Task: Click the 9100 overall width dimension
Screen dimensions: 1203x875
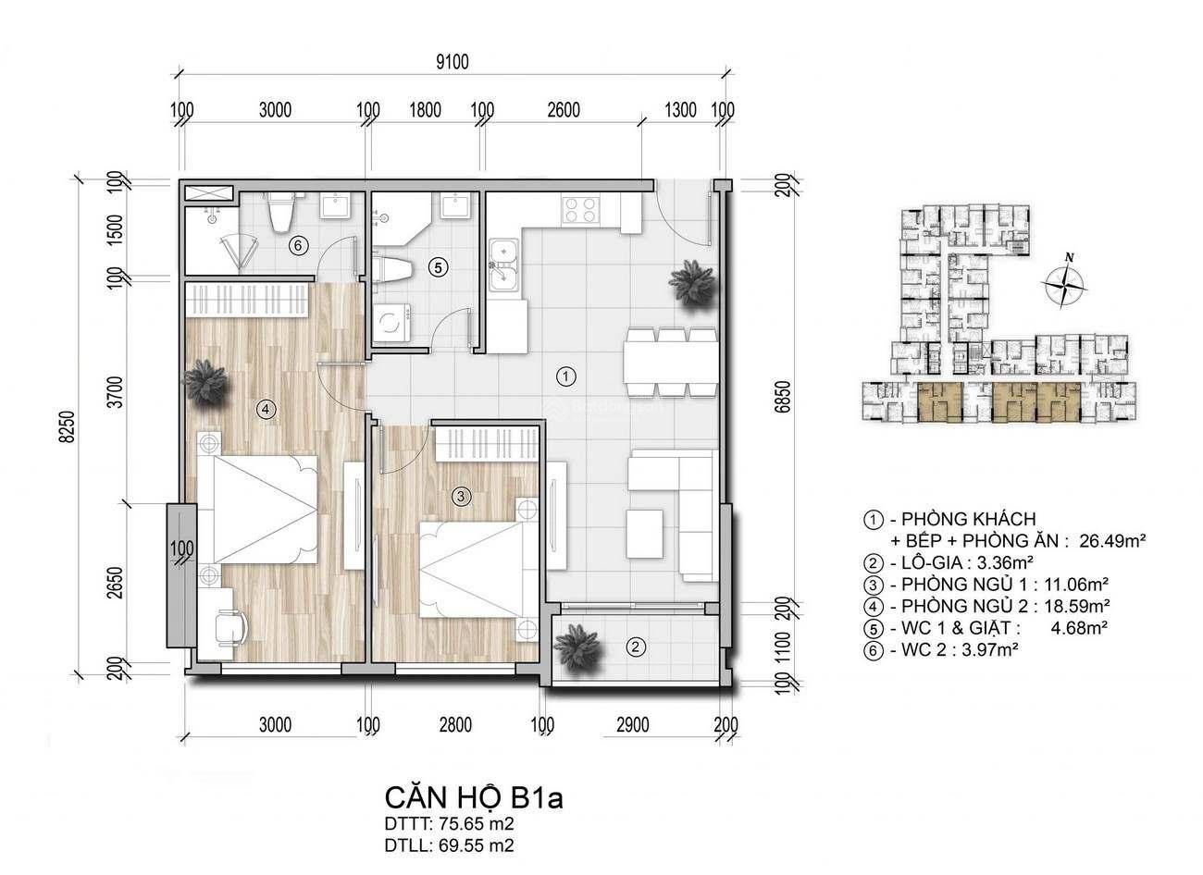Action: (x=453, y=62)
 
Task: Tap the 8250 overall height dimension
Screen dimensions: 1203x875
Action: (x=68, y=427)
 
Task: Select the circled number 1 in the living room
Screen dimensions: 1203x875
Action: (x=566, y=376)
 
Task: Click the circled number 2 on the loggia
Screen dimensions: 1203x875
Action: (x=636, y=647)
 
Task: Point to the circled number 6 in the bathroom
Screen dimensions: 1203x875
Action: (x=298, y=246)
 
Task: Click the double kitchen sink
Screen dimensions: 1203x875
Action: (x=502, y=266)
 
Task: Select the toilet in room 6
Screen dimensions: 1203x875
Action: (x=281, y=212)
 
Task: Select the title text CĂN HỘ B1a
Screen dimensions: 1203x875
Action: (x=474, y=798)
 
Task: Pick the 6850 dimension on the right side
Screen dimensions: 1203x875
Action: (x=785, y=397)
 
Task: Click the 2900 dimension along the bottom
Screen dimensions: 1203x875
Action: (x=633, y=725)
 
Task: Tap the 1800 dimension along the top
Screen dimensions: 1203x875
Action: (x=426, y=110)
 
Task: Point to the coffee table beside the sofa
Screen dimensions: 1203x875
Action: (x=644, y=534)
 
